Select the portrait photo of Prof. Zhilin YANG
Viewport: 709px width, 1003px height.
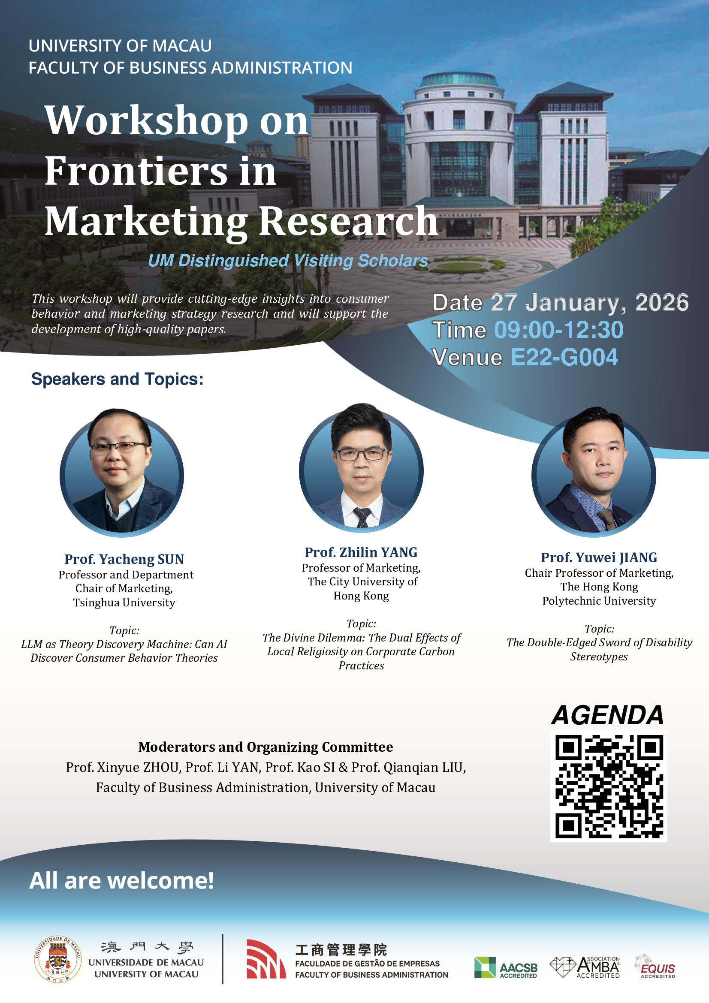tap(361, 467)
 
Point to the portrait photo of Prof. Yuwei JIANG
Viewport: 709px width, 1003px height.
tap(594, 472)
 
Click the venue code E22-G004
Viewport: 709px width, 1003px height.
tap(564, 357)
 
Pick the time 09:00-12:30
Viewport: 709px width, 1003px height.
tap(559, 330)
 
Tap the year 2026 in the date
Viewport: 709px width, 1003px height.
tap(661, 302)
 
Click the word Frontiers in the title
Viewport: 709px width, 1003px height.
tap(136, 171)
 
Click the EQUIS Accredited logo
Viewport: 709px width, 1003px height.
tap(655, 966)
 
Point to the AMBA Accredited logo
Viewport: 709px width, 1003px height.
tap(585, 967)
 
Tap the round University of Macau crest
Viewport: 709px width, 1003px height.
tap(57, 959)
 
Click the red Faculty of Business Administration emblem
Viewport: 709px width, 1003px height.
tap(266, 959)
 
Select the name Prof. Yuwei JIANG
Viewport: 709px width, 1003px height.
tap(599, 557)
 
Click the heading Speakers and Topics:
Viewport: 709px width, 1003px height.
tap(118, 379)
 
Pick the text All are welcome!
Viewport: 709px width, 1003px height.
tap(121, 880)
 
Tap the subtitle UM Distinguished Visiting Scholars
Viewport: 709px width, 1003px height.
tap(288, 261)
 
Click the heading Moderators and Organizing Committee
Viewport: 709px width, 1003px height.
tap(265, 747)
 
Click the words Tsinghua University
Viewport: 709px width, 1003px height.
tap(124, 603)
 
